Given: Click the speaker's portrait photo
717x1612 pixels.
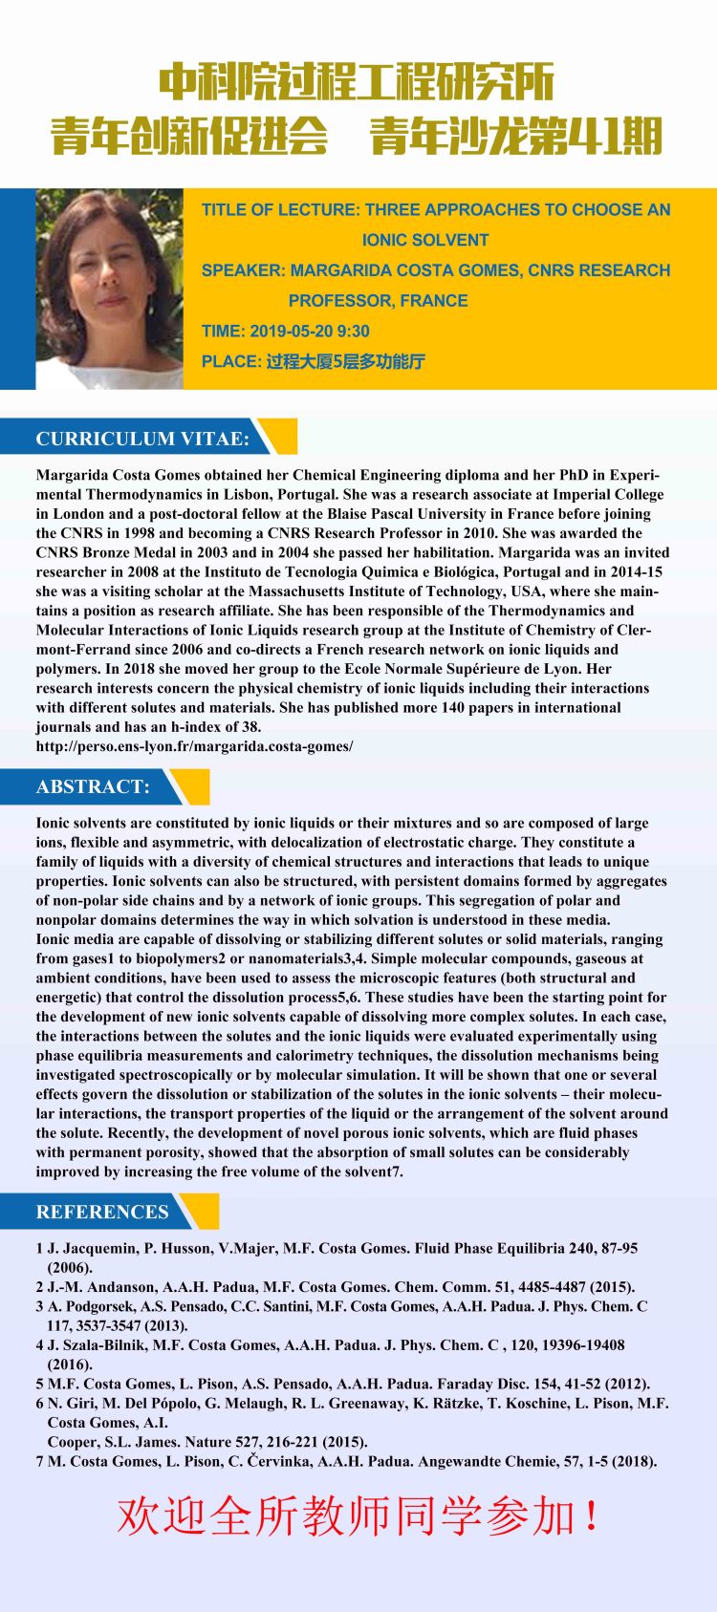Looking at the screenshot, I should click(x=108, y=289).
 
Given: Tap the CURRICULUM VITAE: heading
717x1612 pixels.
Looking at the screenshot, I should click(x=142, y=439).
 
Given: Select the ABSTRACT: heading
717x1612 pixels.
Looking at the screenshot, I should click(x=93, y=786).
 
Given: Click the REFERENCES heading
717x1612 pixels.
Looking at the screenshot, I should click(x=102, y=1212).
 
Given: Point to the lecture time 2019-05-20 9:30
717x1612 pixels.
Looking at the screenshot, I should click(x=310, y=332).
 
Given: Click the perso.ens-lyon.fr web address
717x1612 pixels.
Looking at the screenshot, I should click(x=194, y=746).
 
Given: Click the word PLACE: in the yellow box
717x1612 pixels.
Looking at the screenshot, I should click(x=231, y=362).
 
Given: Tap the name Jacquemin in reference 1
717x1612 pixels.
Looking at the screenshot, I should click(x=94, y=1248).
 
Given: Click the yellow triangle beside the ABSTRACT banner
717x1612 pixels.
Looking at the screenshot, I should click(x=191, y=785).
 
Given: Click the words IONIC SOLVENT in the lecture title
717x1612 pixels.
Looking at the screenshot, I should click(x=425, y=240).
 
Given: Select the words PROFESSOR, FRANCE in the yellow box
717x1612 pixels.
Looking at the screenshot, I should click(x=378, y=301).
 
